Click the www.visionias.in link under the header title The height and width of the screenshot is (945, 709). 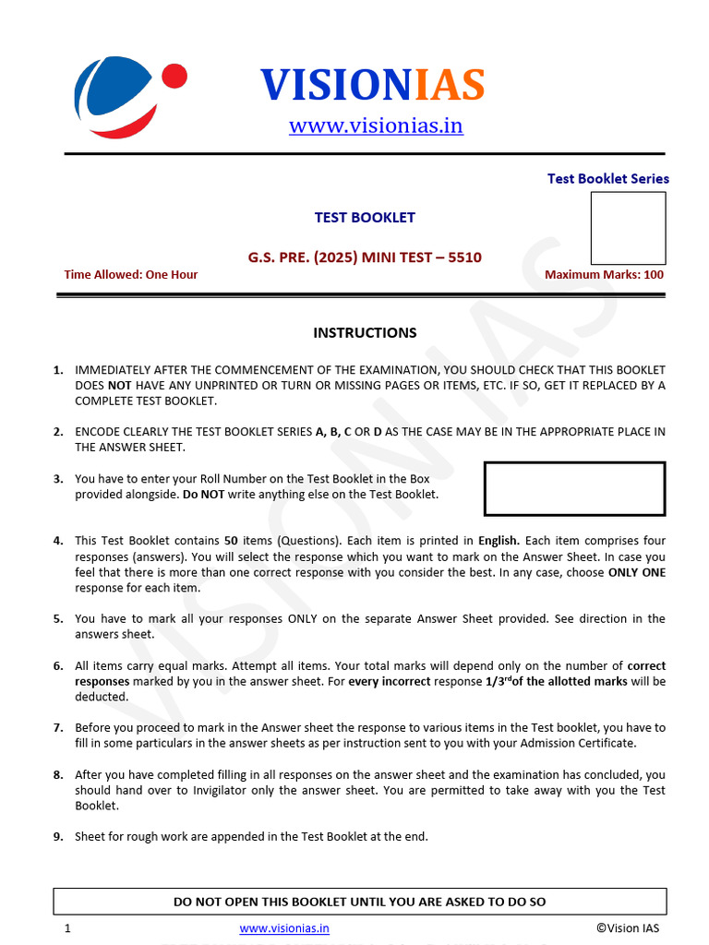click(376, 126)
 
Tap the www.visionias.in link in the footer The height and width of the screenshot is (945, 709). click(284, 928)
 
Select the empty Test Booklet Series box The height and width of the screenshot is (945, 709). click(628, 228)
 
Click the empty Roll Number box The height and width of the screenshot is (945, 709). click(574, 488)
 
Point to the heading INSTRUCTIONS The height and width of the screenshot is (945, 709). click(365, 332)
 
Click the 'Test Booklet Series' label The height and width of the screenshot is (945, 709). click(607, 179)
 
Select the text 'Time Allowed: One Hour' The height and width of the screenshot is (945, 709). click(130, 274)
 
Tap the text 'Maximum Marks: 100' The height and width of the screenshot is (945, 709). click(604, 274)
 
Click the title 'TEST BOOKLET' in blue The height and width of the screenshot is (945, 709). click(365, 218)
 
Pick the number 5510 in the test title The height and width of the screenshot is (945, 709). click(464, 257)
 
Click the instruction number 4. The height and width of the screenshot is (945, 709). click(58, 541)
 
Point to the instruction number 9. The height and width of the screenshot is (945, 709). click(58, 836)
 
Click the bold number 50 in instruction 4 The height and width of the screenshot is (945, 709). click(232, 541)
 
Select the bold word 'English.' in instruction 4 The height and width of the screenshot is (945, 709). click(499, 541)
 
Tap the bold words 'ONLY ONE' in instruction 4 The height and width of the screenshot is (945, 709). click(636, 572)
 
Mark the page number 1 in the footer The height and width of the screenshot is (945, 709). click(67, 928)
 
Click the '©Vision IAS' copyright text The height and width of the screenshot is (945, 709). click(628, 928)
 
